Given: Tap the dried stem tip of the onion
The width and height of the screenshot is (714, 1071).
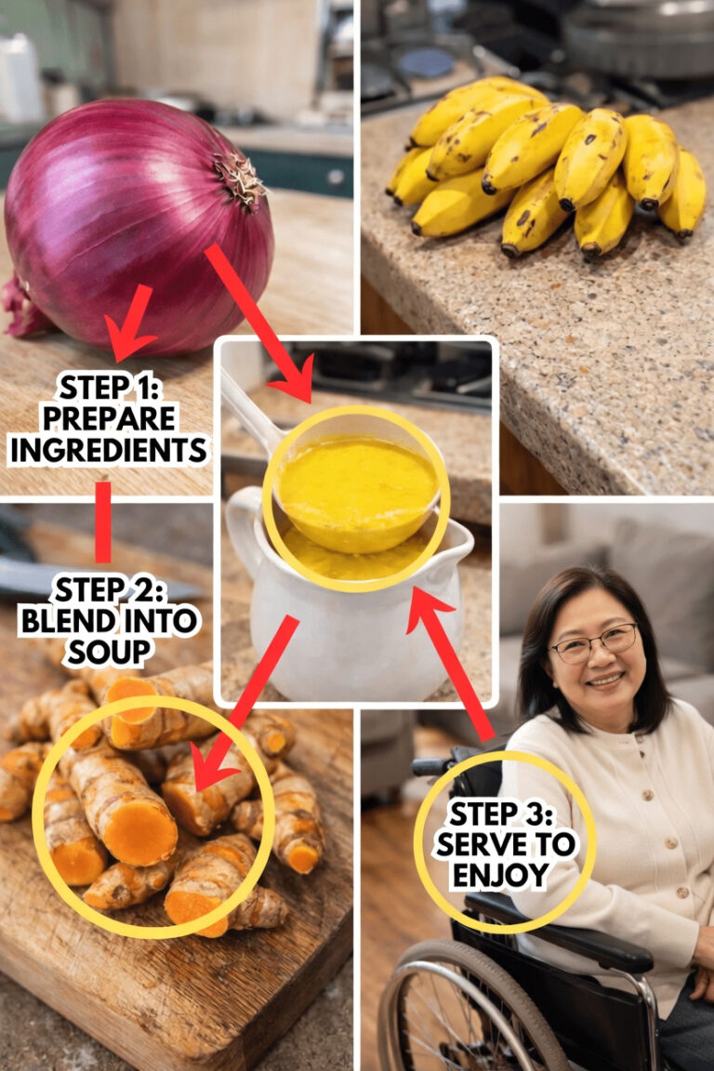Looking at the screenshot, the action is click(239, 178).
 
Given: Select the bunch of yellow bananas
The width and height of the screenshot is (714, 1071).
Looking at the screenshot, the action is click(547, 166).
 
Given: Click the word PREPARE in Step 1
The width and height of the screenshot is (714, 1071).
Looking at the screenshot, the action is click(110, 418).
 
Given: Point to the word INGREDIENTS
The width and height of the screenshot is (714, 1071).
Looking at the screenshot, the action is click(109, 450).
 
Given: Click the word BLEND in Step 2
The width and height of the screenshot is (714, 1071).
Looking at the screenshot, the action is click(61, 621).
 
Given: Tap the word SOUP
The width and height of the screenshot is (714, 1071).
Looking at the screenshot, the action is click(109, 653).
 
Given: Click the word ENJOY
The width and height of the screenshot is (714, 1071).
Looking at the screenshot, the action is click(501, 875).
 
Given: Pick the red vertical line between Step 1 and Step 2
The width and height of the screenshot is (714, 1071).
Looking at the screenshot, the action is click(103, 522).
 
